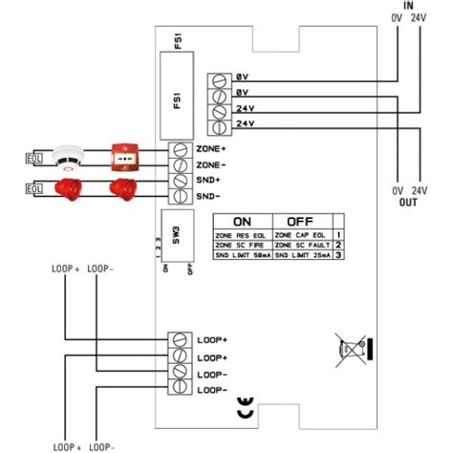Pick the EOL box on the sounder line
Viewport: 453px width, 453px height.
(34, 188)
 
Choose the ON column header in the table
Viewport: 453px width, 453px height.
(242, 219)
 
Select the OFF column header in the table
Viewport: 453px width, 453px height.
(301, 219)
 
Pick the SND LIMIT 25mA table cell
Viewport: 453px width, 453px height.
(301, 257)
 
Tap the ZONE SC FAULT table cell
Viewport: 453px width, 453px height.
(301, 246)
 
